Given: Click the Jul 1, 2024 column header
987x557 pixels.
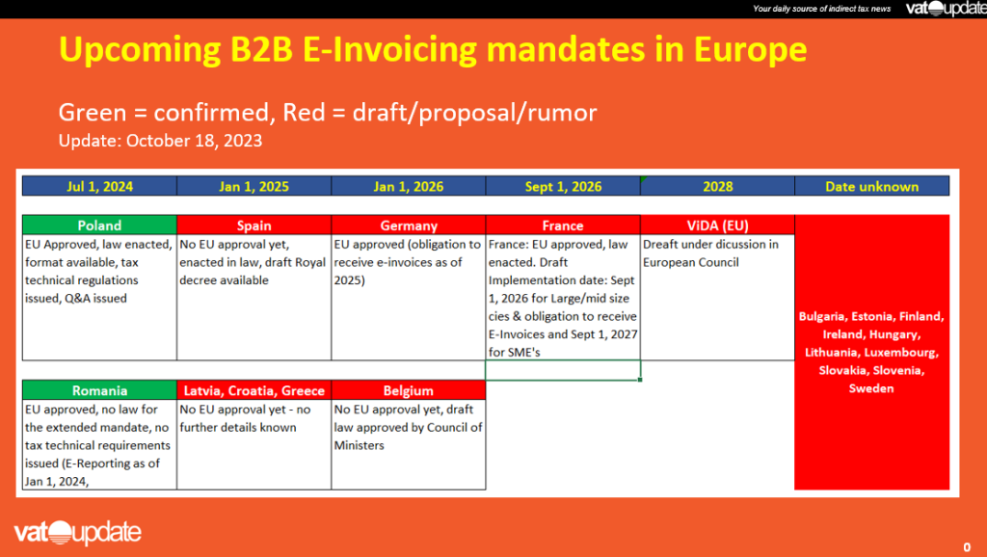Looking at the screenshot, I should [x=99, y=186].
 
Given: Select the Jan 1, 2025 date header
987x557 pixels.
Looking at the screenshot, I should [x=253, y=186].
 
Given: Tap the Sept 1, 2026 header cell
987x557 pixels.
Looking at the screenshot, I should [x=563, y=186].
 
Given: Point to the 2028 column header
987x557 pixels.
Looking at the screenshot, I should [x=717, y=186].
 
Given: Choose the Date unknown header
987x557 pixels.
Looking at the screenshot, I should [x=871, y=186].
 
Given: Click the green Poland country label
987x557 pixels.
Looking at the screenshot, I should [x=99, y=225].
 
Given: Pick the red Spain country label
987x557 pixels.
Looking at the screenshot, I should [x=253, y=225].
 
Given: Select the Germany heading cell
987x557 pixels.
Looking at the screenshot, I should [x=409, y=225].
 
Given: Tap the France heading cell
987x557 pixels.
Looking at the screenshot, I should [x=563, y=225].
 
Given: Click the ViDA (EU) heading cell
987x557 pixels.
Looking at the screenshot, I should [x=717, y=225].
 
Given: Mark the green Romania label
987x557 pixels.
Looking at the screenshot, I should [x=99, y=391].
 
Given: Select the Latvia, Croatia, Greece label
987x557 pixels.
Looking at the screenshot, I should [x=253, y=391].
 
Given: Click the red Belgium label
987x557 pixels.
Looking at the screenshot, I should [x=409, y=391].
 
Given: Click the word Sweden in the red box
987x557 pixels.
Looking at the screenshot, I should [x=871, y=389].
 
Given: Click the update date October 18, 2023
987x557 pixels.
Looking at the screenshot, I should [x=201, y=140].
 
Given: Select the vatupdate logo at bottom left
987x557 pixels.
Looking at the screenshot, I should [x=77, y=533].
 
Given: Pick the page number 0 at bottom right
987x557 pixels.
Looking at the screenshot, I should [x=966, y=546].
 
